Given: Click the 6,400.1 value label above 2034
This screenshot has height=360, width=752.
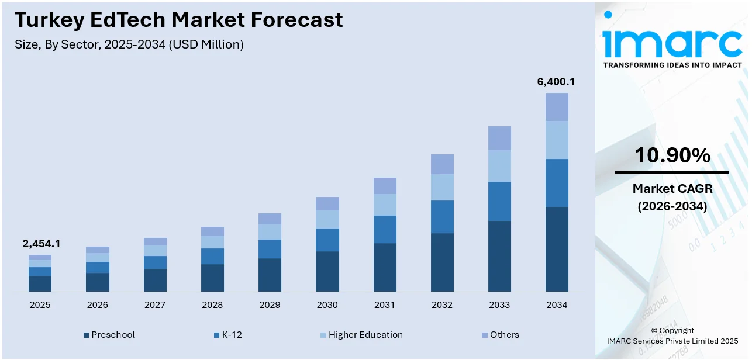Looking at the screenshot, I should pyautogui.click(x=556, y=82).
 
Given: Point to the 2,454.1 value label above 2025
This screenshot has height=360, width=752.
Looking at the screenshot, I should pyautogui.click(x=41, y=244).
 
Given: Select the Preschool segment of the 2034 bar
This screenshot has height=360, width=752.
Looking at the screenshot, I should pyautogui.click(x=557, y=249).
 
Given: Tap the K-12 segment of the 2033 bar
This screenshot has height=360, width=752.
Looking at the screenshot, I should pyautogui.click(x=499, y=201).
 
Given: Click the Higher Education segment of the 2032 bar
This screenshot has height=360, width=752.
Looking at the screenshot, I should pyautogui.click(x=442, y=187).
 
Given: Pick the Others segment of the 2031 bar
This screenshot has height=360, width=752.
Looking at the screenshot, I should pyautogui.click(x=385, y=186).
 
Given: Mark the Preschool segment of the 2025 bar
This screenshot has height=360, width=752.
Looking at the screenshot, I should pyautogui.click(x=40, y=283).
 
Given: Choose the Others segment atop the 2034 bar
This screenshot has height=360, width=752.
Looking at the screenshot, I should pyautogui.click(x=557, y=107).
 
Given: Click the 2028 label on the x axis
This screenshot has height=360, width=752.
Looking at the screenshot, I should pyautogui.click(x=212, y=305).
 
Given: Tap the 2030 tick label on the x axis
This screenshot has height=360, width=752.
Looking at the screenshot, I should pyautogui.click(x=327, y=305).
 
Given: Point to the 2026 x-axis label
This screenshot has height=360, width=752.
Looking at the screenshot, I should pyautogui.click(x=98, y=305).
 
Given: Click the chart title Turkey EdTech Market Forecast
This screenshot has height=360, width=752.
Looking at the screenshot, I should pyautogui.click(x=178, y=20).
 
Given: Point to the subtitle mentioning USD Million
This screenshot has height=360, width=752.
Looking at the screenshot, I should pyautogui.click(x=129, y=44).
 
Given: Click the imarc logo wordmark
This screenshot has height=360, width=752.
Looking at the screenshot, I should pyautogui.click(x=672, y=41).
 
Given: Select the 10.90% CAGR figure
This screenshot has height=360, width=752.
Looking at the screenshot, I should pyautogui.click(x=672, y=155).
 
